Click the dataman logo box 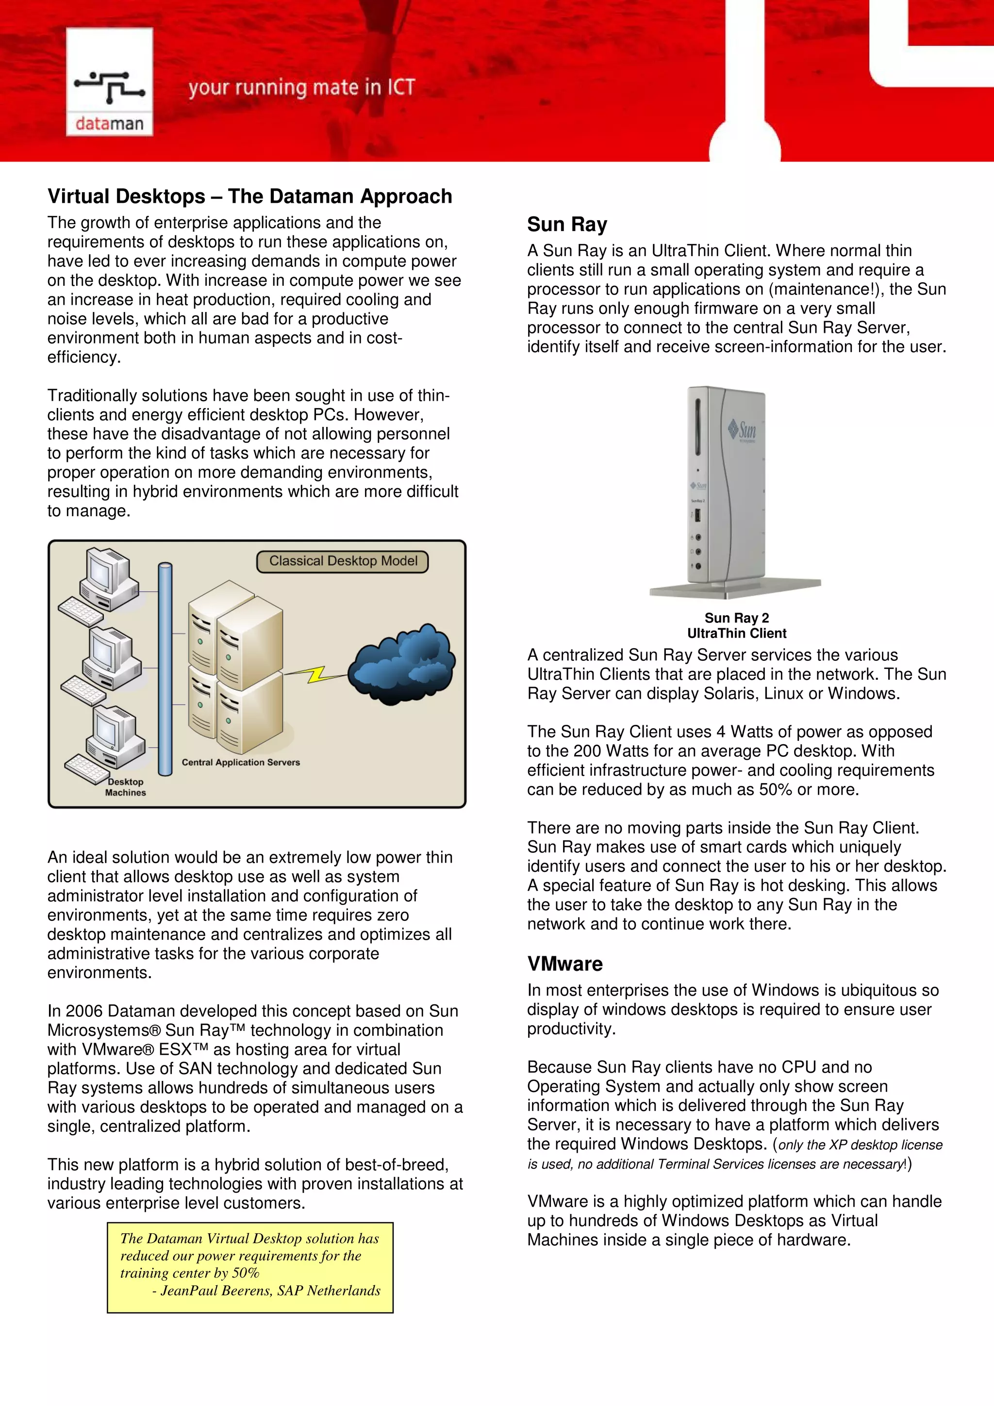coord(109,82)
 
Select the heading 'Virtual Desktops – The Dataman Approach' coord(250,196)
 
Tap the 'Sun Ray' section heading coord(567,225)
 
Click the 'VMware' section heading coord(564,964)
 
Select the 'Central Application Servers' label coord(241,762)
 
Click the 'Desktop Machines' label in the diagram coord(126,787)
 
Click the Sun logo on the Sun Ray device coord(742,430)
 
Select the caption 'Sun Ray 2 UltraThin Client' coord(736,625)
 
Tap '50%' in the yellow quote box coord(246,1273)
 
